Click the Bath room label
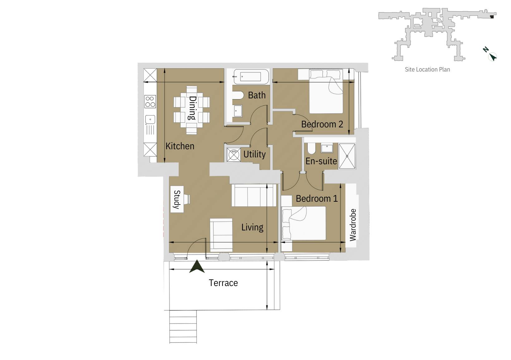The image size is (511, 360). pos(256,95)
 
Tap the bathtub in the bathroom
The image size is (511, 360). pos(251,77)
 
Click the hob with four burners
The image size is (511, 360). pos(150,101)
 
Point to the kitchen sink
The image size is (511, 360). pos(150,119)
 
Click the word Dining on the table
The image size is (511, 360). pos(192,108)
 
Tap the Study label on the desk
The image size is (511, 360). pos(177,200)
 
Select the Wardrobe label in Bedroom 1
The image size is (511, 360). pos(353,225)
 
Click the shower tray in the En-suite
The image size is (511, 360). pos(347,156)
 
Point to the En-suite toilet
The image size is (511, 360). pos(311,149)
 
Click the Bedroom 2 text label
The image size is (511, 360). pos(322,124)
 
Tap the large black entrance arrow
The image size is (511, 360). pos(197,267)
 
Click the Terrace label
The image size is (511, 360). pos(223,283)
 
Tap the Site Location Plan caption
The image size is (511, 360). pos(427,69)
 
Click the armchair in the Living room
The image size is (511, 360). pos(221,234)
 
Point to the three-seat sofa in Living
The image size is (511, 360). pos(254,195)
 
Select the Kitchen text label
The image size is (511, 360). pos(180,146)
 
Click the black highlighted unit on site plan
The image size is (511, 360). pos(492,17)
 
